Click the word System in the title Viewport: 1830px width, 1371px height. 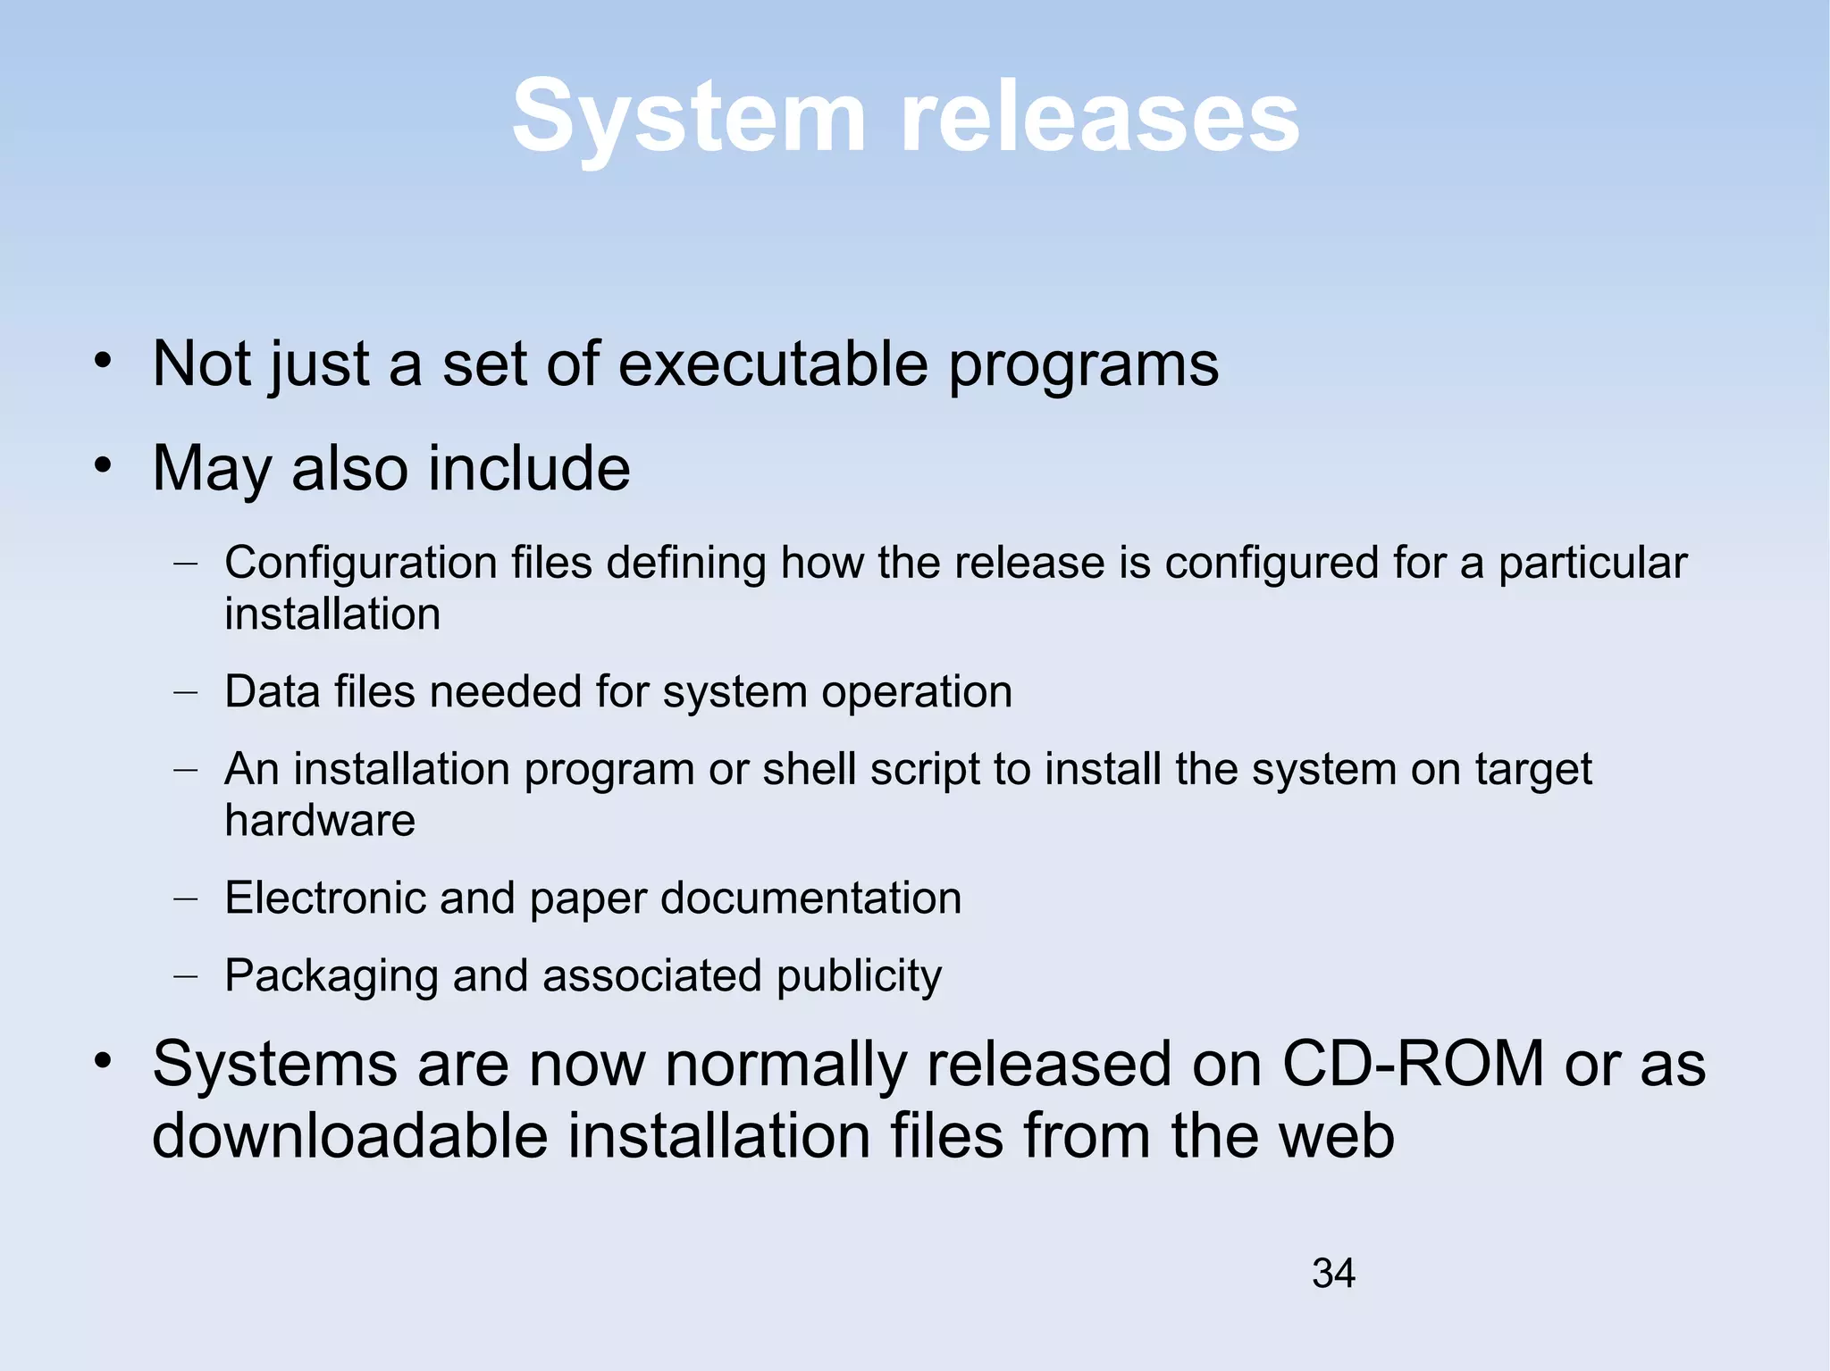tap(689, 117)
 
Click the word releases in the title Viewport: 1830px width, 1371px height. tap(1100, 117)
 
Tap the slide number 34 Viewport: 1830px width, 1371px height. tap(1333, 1273)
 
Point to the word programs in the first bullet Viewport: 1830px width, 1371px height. tap(1083, 366)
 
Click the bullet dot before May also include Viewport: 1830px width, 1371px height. tap(104, 465)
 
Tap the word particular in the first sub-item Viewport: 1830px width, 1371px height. tap(1592, 564)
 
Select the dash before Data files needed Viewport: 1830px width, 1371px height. tap(186, 692)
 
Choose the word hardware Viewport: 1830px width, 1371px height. tap(320, 820)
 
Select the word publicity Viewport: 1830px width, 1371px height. tap(859, 976)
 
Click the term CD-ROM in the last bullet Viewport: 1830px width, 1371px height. tap(1413, 1064)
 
